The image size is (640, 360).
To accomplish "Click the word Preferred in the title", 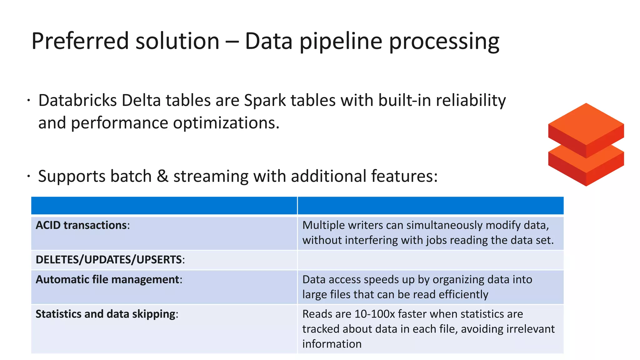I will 80,41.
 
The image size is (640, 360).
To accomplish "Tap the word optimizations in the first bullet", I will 226,123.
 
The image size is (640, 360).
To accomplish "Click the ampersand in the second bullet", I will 162,176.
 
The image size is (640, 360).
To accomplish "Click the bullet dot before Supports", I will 28,176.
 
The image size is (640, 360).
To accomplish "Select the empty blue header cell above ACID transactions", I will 164,206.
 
